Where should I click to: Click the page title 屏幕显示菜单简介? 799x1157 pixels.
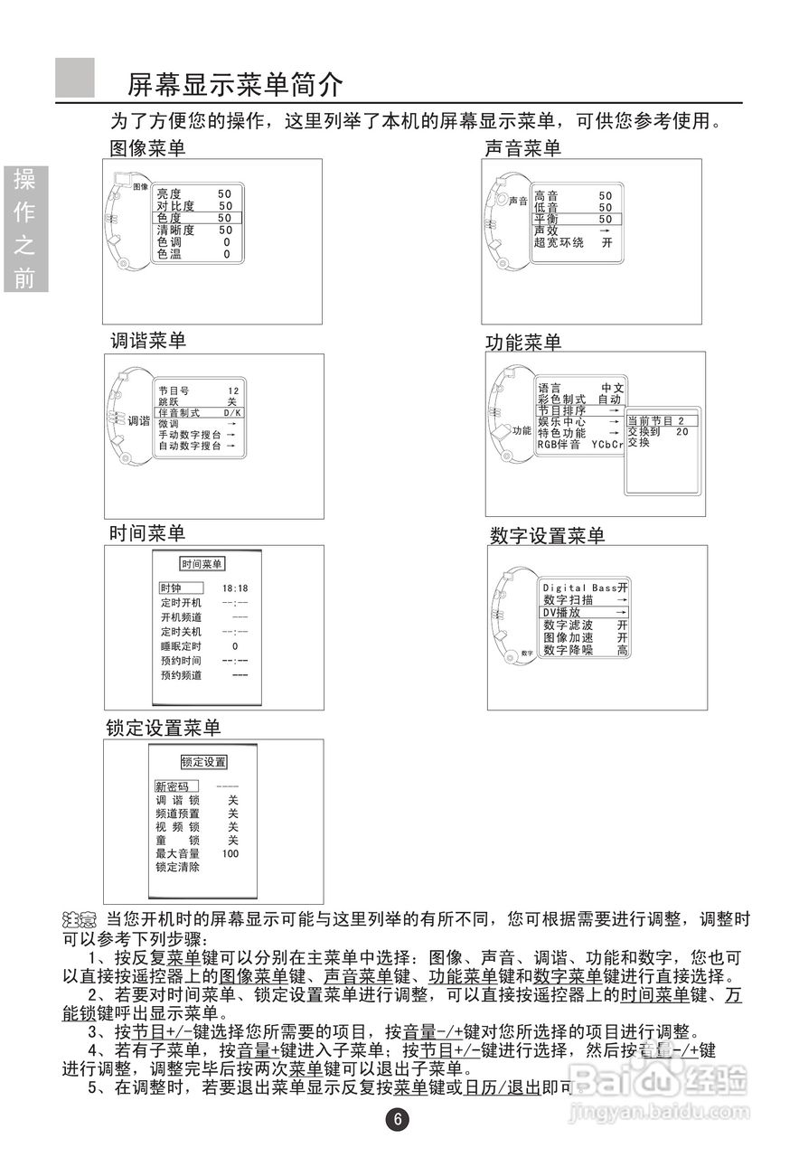(235, 86)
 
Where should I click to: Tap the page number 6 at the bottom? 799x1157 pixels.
(398, 1119)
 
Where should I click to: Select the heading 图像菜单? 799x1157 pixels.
(147, 147)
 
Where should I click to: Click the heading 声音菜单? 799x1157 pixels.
(523, 148)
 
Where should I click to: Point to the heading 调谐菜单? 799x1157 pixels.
(147, 341)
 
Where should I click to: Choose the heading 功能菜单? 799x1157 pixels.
(523, 343)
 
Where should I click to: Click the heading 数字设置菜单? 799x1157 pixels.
(547, 536)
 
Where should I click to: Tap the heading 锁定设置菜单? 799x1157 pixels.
(164, 728)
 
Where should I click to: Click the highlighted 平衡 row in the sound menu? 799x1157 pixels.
(573, 219)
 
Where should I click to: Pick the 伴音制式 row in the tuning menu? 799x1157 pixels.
(194, 412)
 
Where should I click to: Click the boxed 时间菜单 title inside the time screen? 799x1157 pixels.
(202, 564)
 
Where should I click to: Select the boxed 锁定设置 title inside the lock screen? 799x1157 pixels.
(203, 762)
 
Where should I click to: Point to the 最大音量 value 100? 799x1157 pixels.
(230, 853)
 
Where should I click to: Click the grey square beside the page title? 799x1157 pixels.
(75, 78)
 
